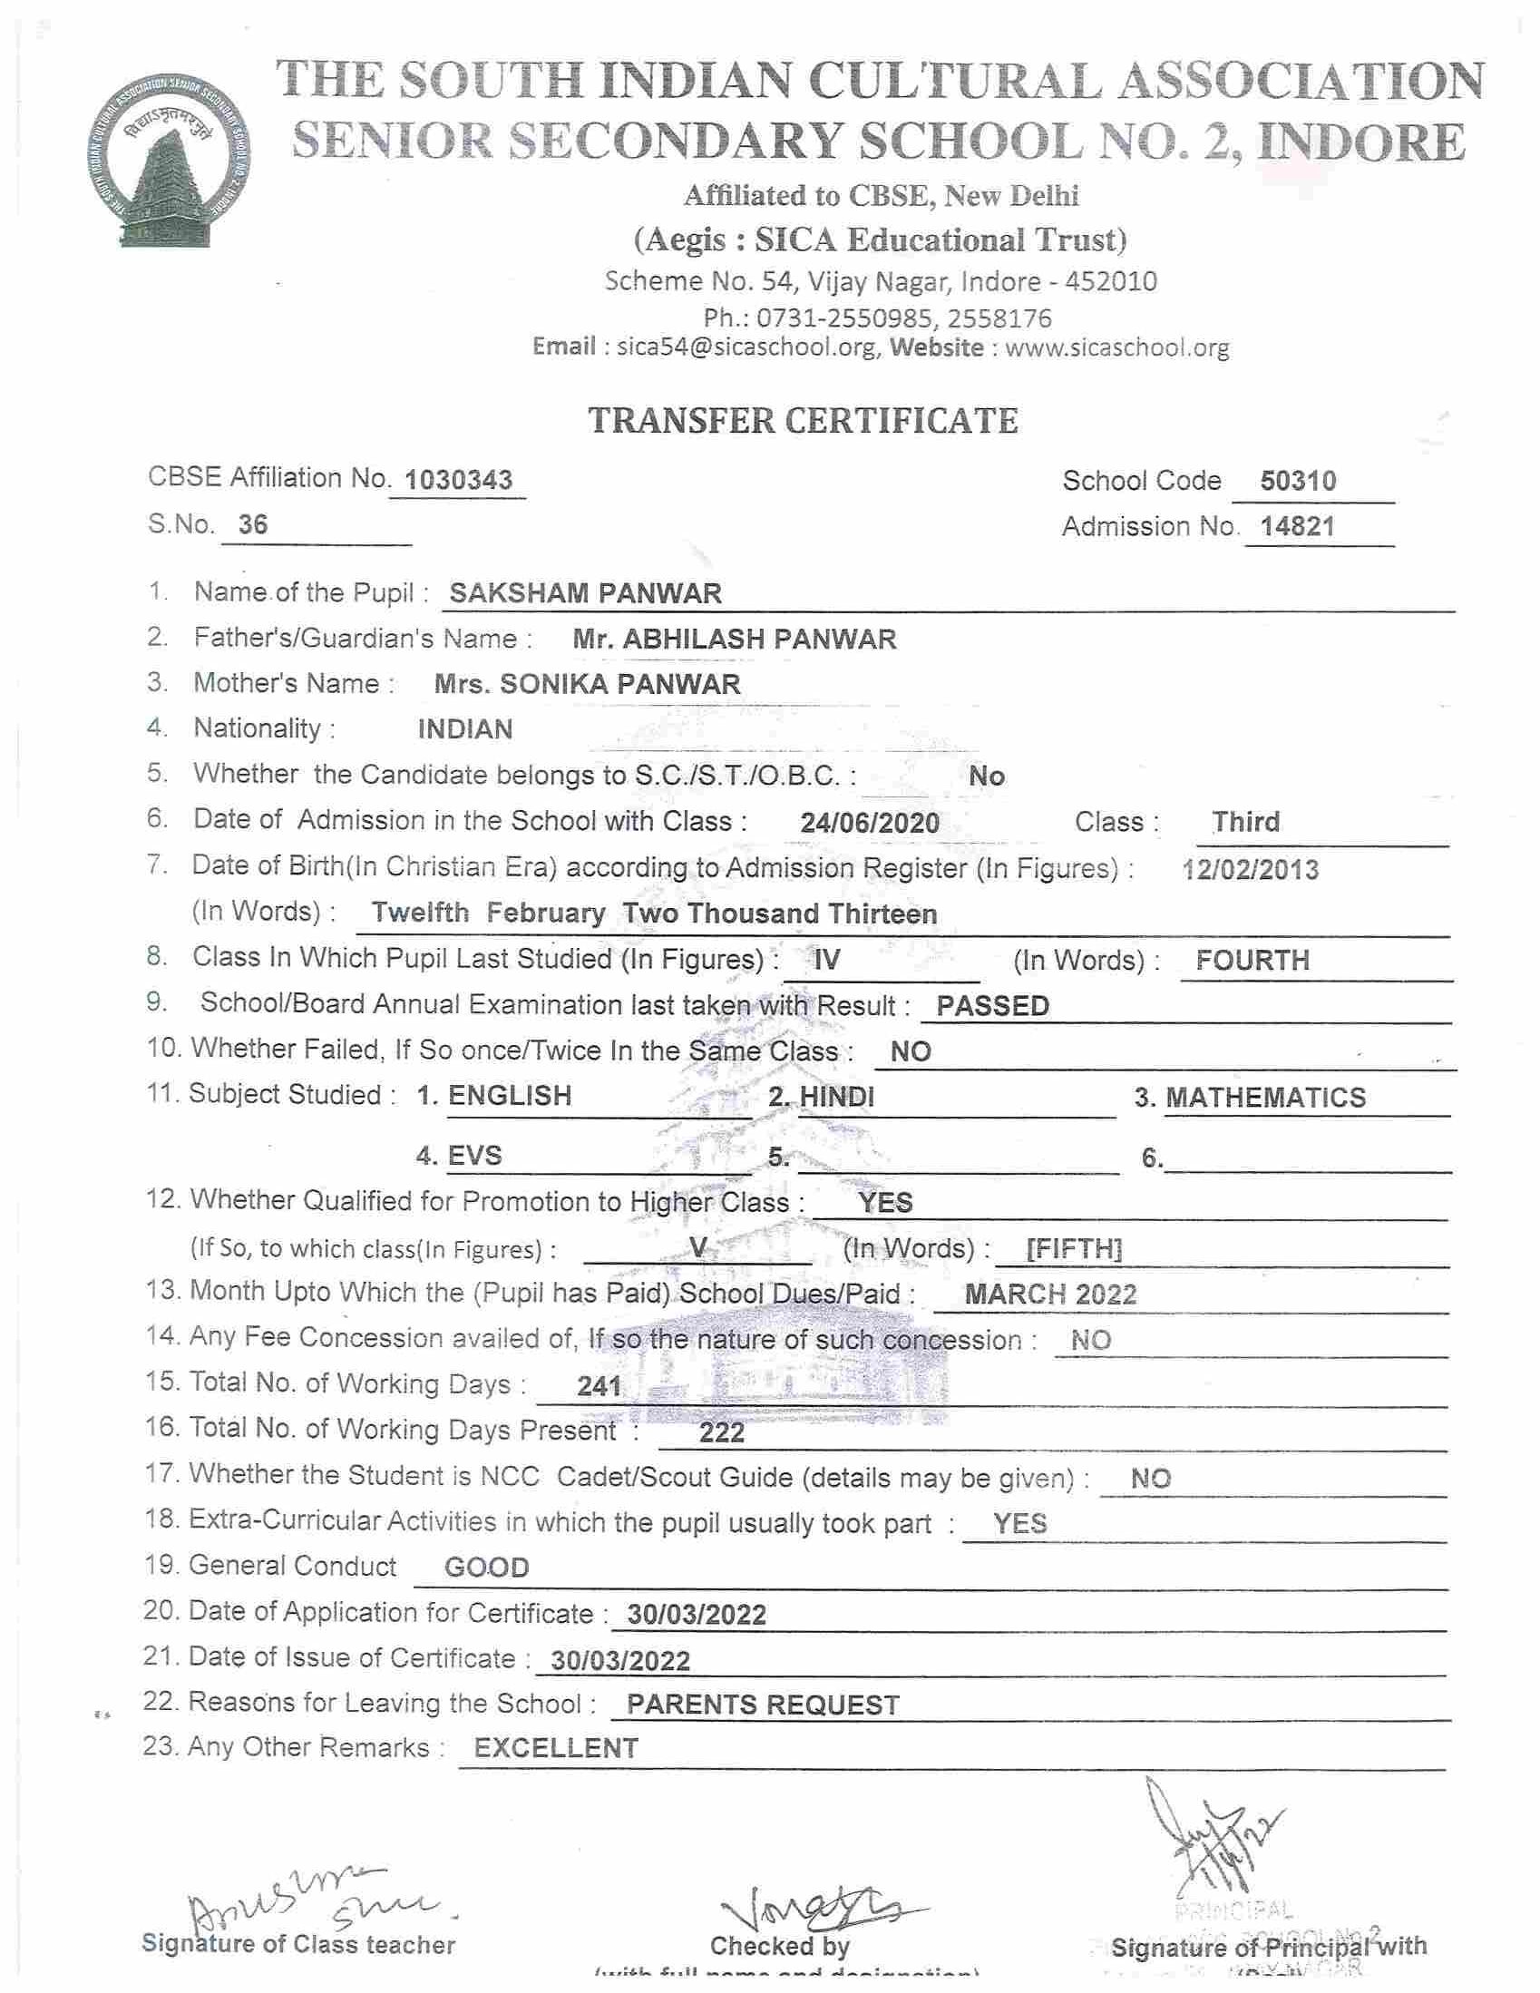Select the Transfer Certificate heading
803,421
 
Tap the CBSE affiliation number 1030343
458,480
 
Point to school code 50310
1297,481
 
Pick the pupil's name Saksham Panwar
586,593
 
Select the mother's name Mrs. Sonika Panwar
588,684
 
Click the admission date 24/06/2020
870,823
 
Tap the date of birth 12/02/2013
1250,870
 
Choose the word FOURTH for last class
1252,960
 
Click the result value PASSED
992,1006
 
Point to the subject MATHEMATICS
1265,1097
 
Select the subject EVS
474,1157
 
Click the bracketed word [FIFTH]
1074,1248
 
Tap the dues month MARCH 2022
1050,1294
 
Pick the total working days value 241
599,1387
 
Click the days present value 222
722,1432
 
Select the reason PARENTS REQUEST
763,1705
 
